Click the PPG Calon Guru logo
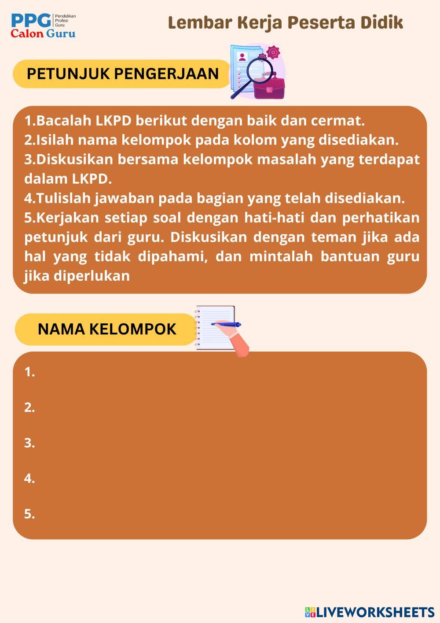[x=43, y=26]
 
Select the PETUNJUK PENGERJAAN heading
[x=123, y=74]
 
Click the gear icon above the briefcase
[x=273, y=52]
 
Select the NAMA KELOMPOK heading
[x=106, y=329]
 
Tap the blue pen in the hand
[x=226, y=324]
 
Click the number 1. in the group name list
[x=29, y=372]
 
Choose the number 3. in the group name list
[x=29, y=443]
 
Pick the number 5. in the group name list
[x=29, y=514]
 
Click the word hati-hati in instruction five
[x=273, y=218]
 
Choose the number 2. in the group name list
[x=29, y=408]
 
